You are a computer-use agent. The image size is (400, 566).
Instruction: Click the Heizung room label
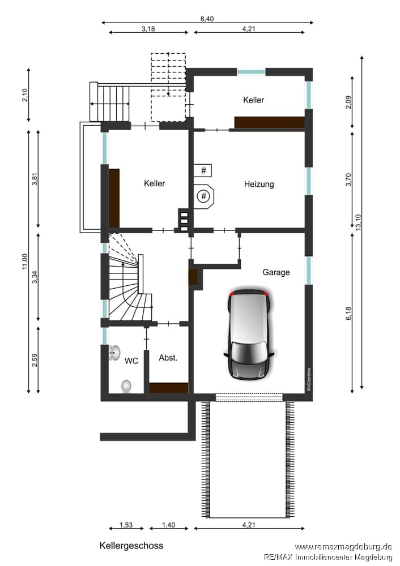[259, 185]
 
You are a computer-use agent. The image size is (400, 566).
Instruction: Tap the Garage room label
[276, 272]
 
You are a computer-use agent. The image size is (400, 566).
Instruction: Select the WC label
[131, 361]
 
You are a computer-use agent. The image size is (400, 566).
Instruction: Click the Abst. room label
[168, 358]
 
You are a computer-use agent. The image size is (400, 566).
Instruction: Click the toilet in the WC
[126, 386]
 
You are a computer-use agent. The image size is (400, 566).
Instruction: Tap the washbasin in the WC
[114, 352]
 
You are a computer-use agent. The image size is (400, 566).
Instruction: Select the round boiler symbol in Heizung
[204, 196]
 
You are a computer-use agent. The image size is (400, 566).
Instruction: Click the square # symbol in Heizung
[203, 170]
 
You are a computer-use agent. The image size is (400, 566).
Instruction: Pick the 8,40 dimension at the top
[207, 19]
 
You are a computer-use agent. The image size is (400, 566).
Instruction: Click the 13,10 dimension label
[358, 221]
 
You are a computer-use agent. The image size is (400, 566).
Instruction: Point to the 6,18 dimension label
[348, 314]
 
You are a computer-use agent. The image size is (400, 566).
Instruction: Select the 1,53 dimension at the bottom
[126, 525]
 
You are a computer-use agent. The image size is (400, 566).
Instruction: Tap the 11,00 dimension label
[24, 261]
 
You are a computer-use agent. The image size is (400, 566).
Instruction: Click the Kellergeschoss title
[131, 546]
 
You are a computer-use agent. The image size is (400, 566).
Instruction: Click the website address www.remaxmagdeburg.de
[343, 547]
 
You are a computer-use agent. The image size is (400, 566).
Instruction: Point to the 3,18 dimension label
[148, 28]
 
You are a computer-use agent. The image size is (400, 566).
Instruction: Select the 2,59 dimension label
[35, 360]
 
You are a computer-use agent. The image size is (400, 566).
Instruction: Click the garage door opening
[249, 397]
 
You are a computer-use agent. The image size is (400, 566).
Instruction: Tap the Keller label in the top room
[254, 100]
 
